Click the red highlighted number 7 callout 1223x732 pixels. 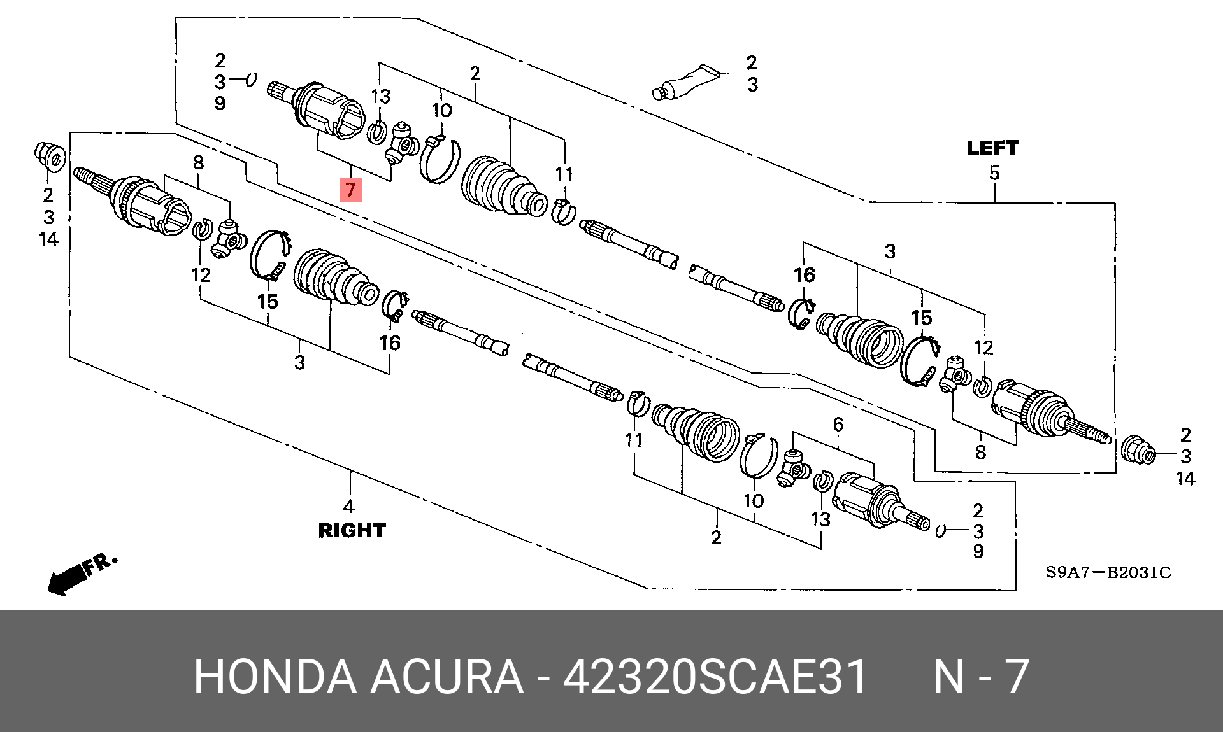tap(350, 190)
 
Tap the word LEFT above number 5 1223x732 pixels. tap(992, 148)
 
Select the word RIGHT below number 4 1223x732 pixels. tap(352, 530)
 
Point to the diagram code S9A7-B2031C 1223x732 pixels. tap(1108, 572)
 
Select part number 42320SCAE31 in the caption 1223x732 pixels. tap(715, 676)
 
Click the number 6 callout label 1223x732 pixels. tap(838, 424)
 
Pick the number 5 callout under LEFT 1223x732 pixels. tap(994, 173)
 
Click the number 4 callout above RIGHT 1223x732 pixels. tap(348, 507)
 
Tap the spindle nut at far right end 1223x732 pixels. tap(1138, 451)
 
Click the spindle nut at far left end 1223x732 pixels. tap(49, 157)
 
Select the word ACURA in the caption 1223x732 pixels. tap(446, 676)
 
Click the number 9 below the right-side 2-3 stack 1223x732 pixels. tap(978, 551)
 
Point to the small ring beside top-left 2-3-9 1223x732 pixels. tap(252, 80)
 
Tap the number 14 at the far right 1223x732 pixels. tap(1185, 479)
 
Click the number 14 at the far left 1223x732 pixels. tap(48, 239)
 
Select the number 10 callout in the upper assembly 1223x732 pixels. tap(442, 111)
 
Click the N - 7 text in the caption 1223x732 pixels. tap(981, 676)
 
